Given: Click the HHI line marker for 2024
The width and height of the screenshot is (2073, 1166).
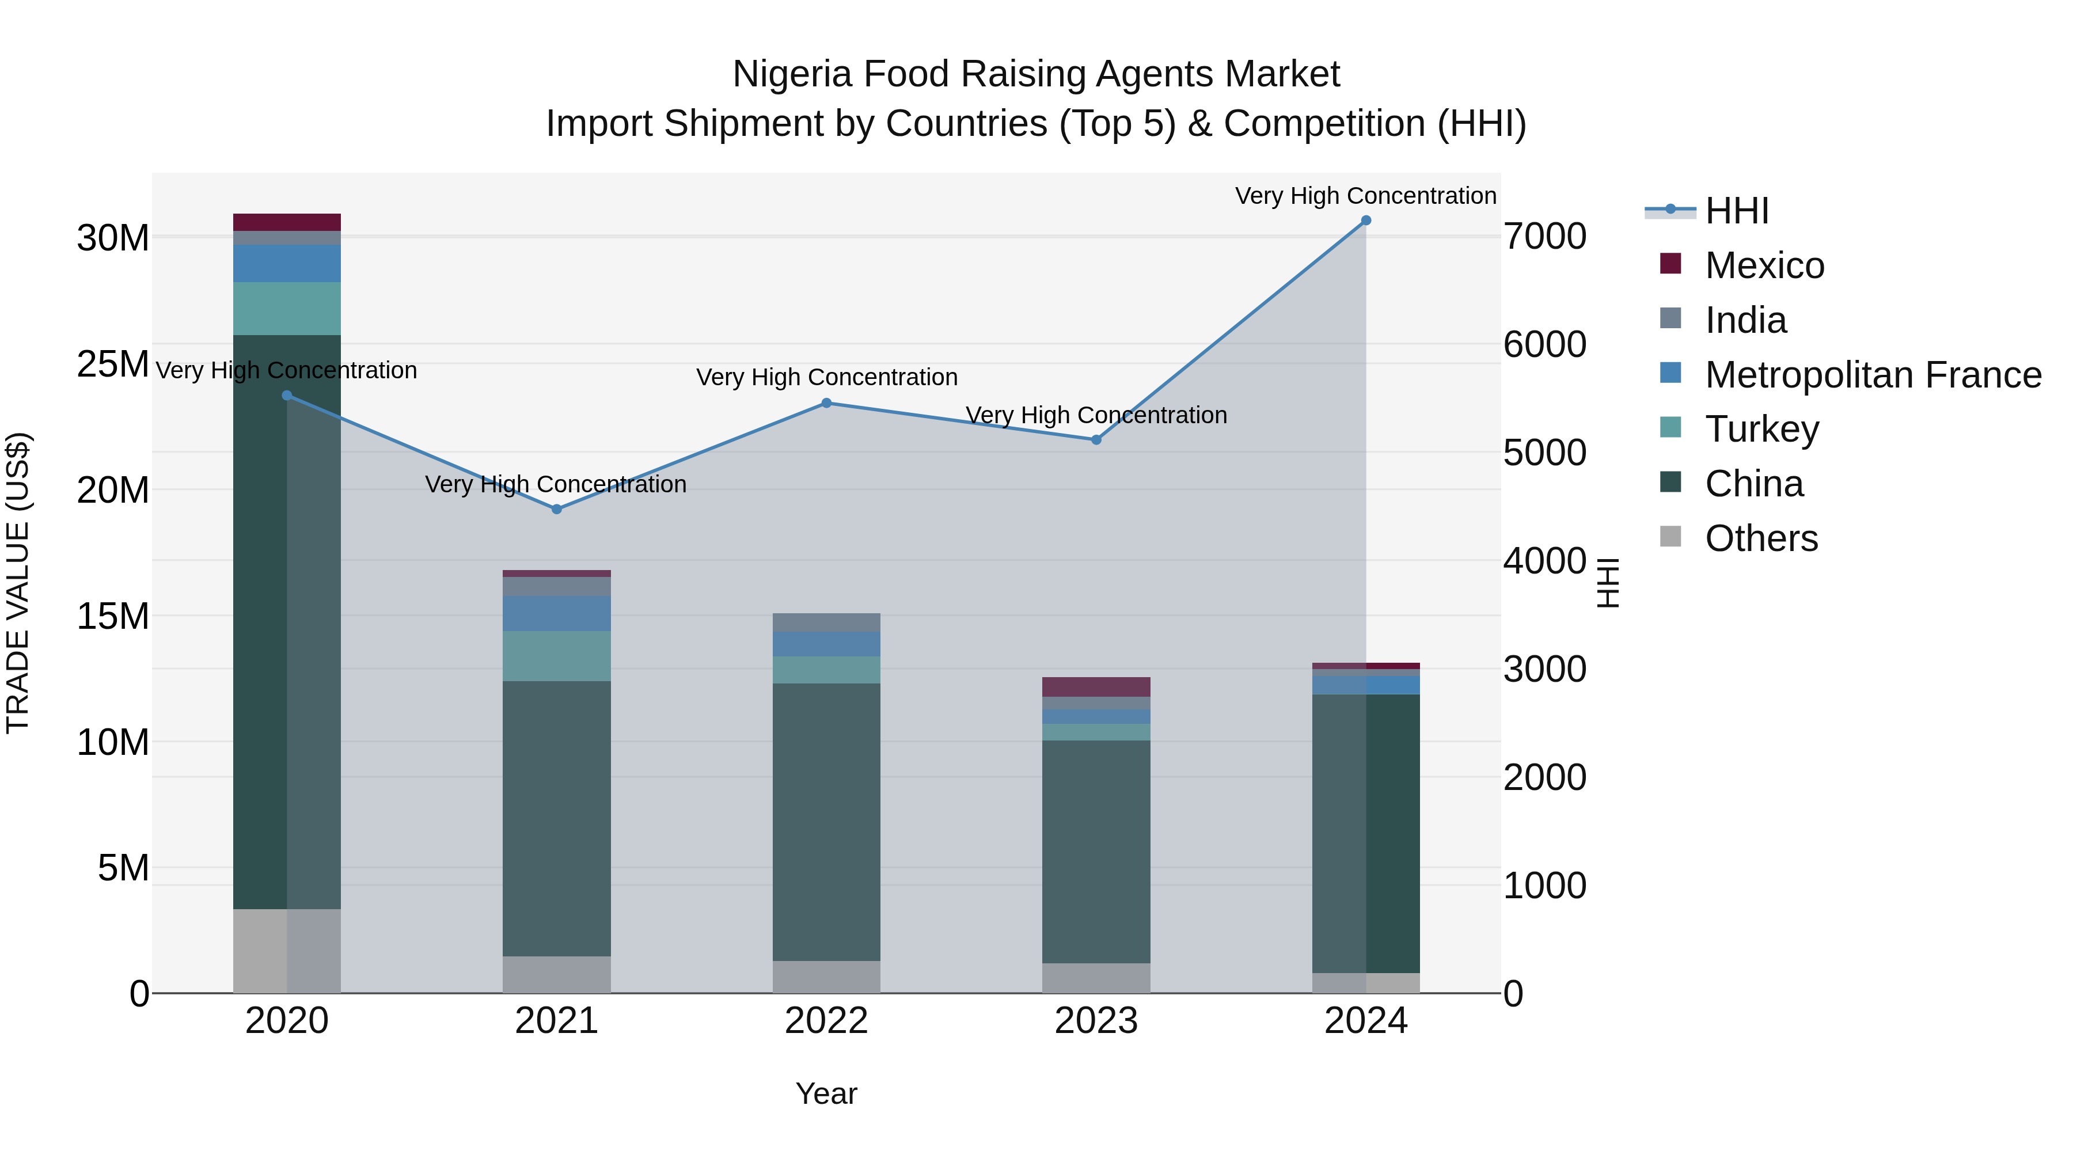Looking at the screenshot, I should tap(1366, 221).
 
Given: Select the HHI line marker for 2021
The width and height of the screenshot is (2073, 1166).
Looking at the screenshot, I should tap(557, 510).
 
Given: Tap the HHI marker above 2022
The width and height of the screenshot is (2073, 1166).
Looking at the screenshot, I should tap(826, 403).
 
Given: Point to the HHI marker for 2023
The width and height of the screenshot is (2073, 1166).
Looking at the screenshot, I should tap(1096, 440).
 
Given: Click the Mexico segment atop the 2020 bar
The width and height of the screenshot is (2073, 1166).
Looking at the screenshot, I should tap(287, 222).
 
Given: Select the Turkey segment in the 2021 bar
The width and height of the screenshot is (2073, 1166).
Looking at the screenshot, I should tap(557, 656).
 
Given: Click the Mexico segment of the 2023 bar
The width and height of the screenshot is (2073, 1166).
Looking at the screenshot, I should tap(1096, 686).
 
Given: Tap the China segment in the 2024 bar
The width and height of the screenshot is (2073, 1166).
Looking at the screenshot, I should tap(1366, 833).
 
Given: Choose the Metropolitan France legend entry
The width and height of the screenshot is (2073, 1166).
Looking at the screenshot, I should tap(1872, 375).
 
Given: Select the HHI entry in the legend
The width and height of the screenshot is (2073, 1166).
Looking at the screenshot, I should tap(1737, 211).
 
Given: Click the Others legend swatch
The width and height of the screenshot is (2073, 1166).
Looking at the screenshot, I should tap(1670, 537).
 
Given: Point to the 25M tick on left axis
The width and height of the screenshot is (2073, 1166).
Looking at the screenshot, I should tap(113, 364).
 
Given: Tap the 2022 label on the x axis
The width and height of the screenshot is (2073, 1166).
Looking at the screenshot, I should tap(826, 1021).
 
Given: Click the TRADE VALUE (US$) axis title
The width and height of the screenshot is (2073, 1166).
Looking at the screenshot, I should tap(18, 583).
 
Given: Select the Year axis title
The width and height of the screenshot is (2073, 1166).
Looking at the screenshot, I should tap(826, 1093).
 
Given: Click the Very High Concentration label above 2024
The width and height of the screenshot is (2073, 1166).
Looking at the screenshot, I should tap(1366, 196).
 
